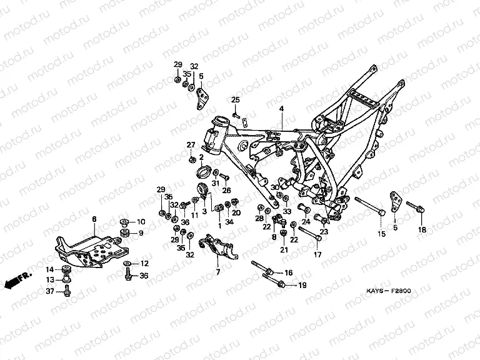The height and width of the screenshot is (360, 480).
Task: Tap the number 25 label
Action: click(236, 101)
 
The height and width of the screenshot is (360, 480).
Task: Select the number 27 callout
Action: click(191, 145)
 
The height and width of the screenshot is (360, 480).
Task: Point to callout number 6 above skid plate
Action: click(94, 219)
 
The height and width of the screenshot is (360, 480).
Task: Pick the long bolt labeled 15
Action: click(369, 207)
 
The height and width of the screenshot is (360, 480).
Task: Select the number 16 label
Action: click(288, 272)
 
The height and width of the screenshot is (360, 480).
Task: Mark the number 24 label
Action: click(306, 221)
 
